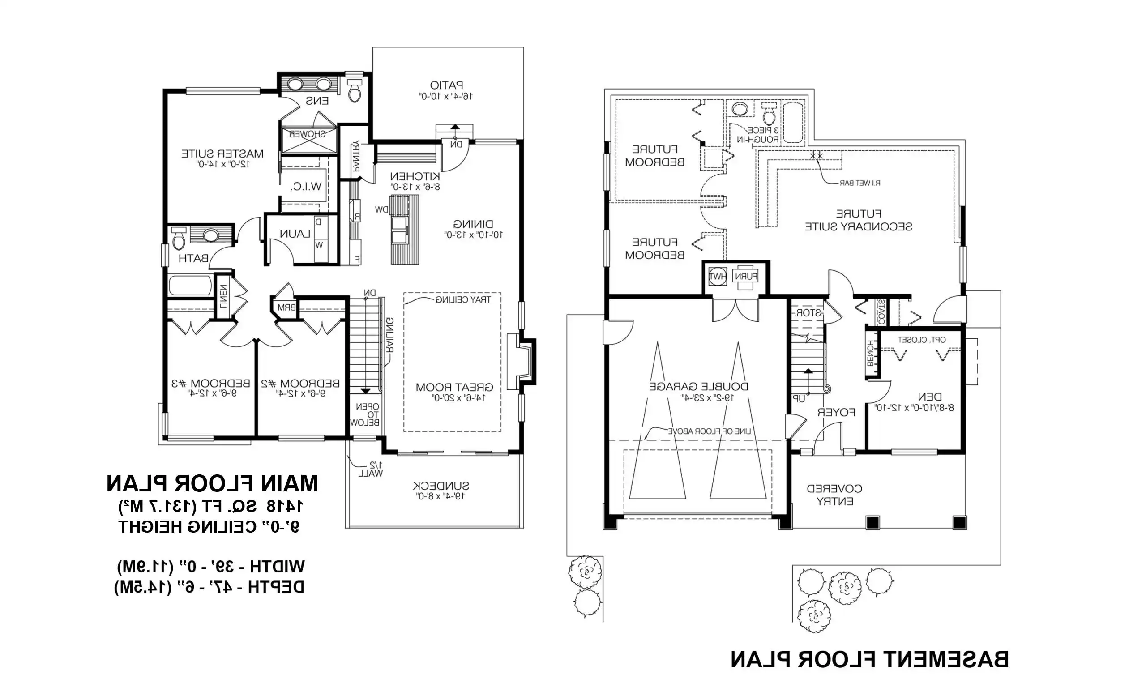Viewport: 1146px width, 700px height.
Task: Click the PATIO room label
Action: (446, 85)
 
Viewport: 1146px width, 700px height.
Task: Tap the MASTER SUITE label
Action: (222, 154)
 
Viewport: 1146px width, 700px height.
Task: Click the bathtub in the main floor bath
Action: (190, 286)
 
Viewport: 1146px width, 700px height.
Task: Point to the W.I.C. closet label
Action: (306, 187)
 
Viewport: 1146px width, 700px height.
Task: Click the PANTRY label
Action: (356, 156)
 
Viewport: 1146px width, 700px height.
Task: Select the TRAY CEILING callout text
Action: (463, 300)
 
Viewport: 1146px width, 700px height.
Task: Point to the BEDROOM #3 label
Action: (211, 384)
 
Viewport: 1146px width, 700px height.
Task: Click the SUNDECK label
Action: (440, 486)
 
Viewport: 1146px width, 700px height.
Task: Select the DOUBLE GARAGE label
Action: (699, 387)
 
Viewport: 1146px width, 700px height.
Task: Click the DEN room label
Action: (930, 397)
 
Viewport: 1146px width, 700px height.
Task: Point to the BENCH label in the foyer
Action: (871, 353)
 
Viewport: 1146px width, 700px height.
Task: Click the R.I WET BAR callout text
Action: (859, 183)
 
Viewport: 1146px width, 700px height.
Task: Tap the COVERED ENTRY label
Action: (834, 495)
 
